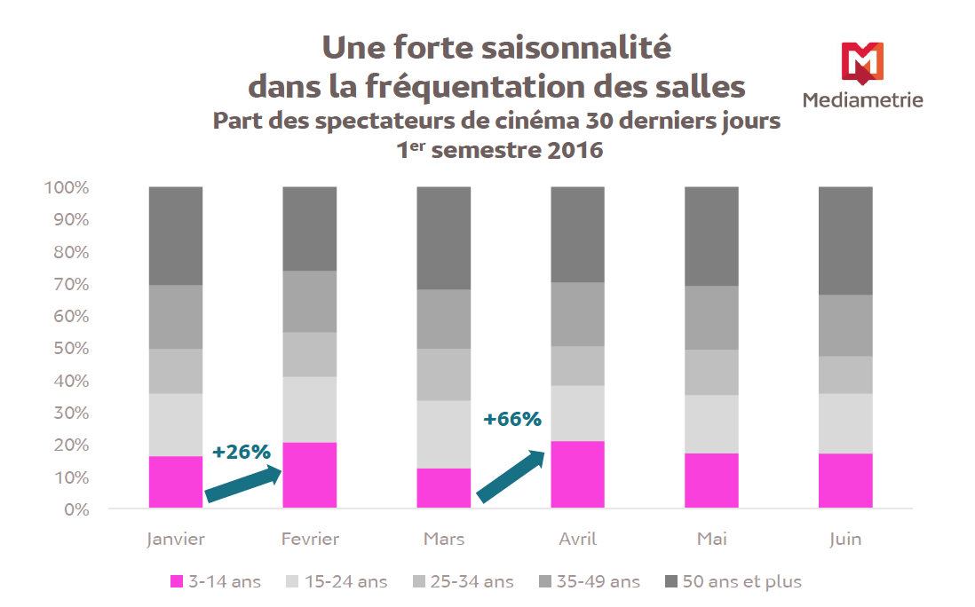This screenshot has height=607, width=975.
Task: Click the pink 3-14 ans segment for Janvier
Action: tap(176, 482)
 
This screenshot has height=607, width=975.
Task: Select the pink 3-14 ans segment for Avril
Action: tap(578, 474)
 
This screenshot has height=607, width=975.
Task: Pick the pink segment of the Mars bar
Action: tap(444, 488)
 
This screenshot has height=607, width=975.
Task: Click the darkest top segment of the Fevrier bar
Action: tap(310, 228)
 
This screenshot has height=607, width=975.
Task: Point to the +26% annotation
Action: tap(241, 452)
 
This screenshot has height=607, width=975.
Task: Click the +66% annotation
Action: tap(512, 419)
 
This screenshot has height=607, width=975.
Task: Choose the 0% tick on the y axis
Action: tap(75, 509)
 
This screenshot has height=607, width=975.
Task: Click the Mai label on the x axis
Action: tap(712, 539)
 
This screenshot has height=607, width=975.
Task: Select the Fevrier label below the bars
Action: tap(310, 539)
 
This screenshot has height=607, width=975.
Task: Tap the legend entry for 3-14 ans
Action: tap(216, 582)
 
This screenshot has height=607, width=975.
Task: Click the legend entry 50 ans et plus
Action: tap(733, 582)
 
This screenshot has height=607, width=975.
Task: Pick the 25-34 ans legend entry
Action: tap(464, 582)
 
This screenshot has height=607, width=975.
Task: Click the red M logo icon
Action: tap(861, 63)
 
